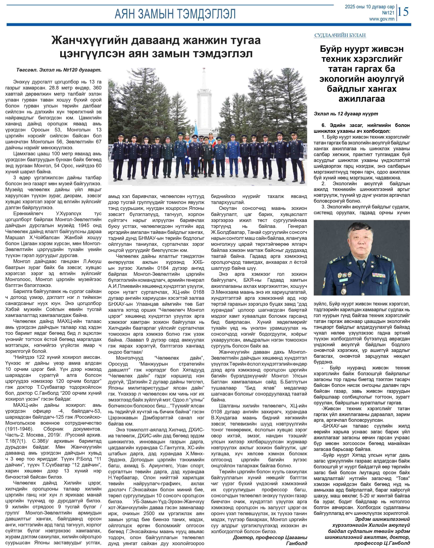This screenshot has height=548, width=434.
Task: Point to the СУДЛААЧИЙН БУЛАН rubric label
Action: click(x=340, y=36)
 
